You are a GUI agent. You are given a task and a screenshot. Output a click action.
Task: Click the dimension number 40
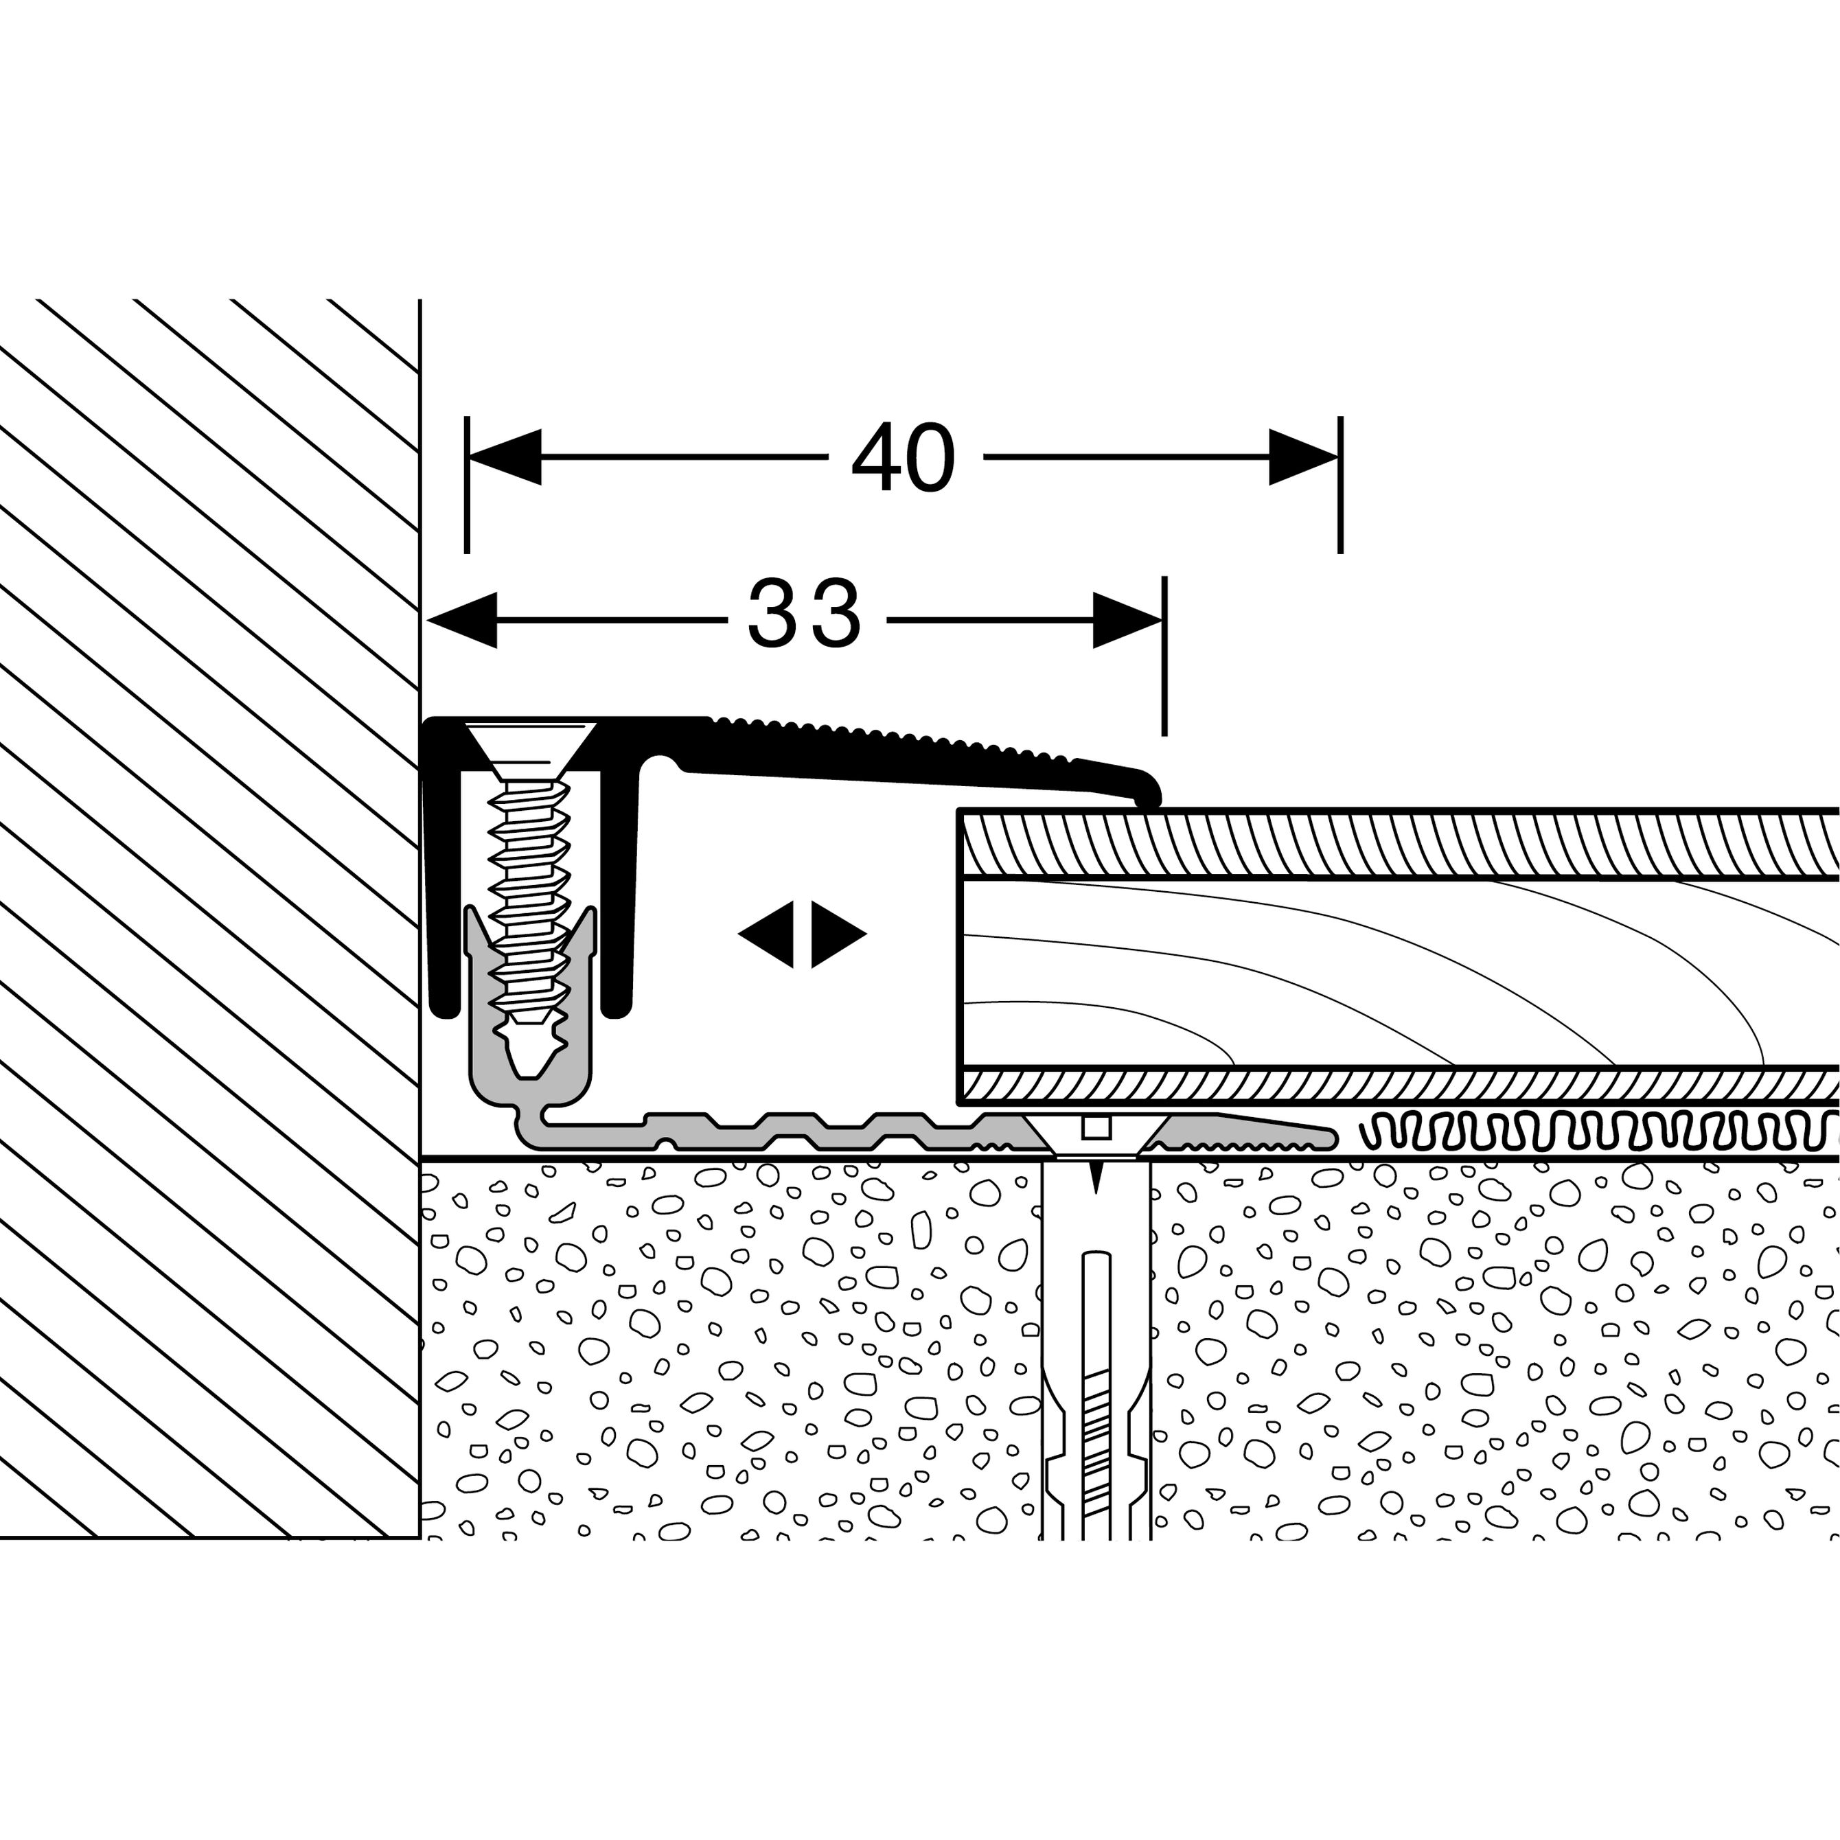point(902,458)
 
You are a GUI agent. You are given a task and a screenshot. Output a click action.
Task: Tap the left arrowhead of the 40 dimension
point(505,457)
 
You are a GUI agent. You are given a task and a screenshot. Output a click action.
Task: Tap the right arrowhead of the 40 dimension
point(1303,457)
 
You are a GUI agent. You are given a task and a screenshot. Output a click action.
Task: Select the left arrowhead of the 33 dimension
point(463,620)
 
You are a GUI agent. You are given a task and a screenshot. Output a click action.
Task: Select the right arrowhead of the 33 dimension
point(1127,620)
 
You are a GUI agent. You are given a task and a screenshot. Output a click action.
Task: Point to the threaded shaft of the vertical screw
point(529,886)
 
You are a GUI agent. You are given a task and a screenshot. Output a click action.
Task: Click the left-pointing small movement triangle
point(767,934)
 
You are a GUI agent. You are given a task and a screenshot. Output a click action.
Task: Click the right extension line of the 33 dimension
point(1164,667)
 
